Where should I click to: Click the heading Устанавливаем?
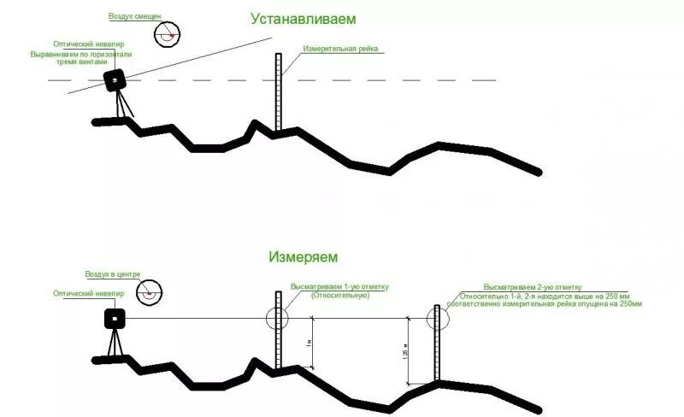coord(303,18)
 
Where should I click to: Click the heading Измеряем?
coord(303,255)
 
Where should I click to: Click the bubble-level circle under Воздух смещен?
coord(168,33)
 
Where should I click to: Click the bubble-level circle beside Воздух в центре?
coord(151,291)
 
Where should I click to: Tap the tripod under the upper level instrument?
coord(124,106)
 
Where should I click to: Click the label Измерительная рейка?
coord(339,49)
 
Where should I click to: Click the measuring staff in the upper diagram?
coord(278,94)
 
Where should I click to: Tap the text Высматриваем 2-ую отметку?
coord(532,286)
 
